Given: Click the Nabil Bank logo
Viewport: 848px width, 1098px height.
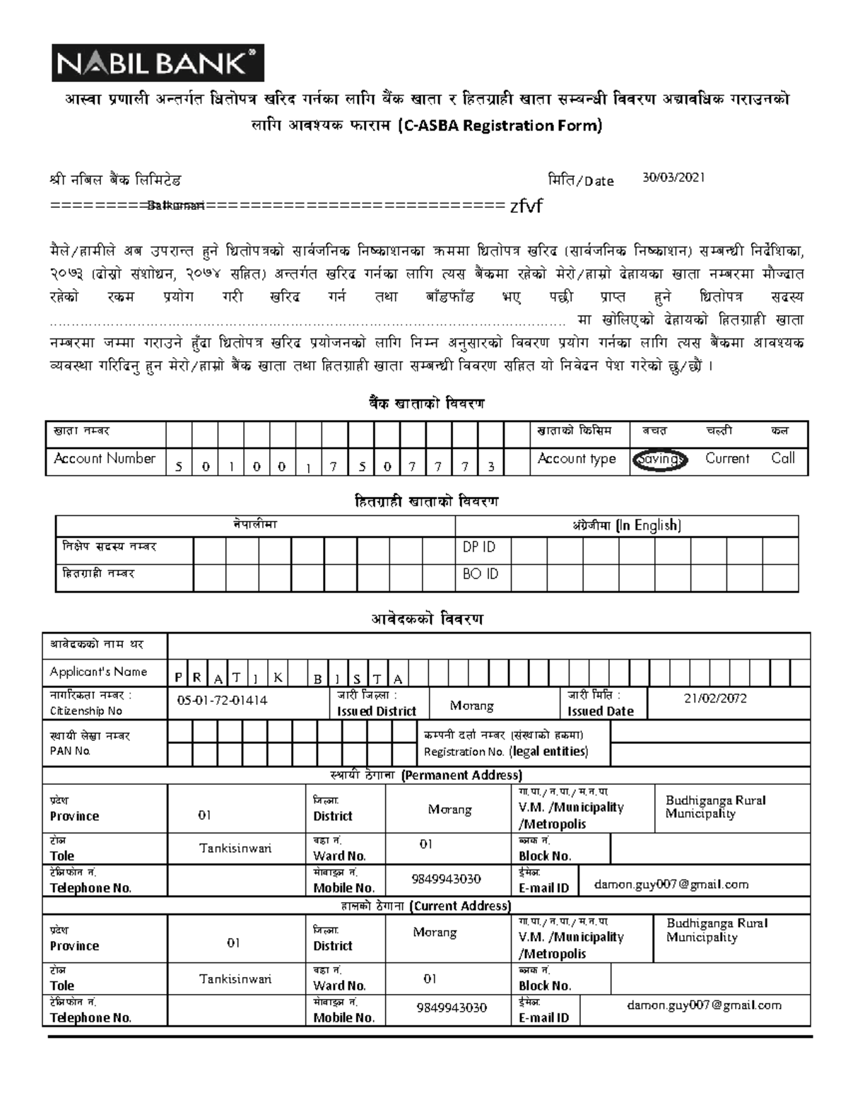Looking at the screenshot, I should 157,62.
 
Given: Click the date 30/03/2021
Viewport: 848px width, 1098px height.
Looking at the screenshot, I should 673,178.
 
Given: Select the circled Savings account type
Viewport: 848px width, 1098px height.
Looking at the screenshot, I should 659,460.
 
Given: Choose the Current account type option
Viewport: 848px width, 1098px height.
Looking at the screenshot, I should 726,458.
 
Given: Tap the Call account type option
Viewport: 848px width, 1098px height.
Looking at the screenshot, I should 783,458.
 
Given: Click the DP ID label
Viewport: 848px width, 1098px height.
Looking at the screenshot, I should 479,547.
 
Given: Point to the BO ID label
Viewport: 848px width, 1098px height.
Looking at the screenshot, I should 481,574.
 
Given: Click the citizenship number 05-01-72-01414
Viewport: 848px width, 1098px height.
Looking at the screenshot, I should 223,700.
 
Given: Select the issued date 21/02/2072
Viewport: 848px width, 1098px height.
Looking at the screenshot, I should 715,699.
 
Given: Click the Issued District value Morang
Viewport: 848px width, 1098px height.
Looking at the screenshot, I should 471,706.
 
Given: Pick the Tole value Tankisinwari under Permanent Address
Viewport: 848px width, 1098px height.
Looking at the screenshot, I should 235,848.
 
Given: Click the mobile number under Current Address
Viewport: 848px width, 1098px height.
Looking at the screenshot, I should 452,1008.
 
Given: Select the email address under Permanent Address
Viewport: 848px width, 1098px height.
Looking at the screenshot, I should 671,884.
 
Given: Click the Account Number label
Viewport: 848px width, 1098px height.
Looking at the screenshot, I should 105,458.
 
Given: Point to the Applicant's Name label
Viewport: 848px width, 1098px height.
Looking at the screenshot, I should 98,672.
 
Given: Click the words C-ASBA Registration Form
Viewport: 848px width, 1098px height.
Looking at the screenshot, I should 499,126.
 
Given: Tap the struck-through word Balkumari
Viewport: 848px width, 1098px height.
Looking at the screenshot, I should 176,206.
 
